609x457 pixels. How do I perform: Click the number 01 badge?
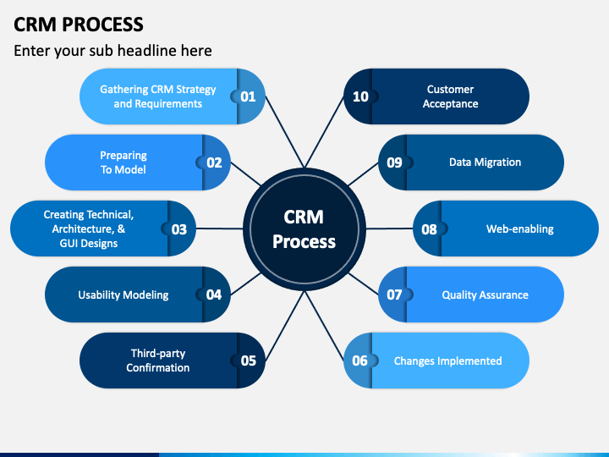point(248,96)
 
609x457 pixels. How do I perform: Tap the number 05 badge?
point(248,361)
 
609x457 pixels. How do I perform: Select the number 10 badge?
point(361,96)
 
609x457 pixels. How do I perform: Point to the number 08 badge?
point(430,229)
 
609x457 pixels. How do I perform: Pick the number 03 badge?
point(179,229)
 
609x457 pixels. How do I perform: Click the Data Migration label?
point(486,162)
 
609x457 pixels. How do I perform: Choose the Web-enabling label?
point(519,228)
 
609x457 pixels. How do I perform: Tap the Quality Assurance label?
point(486,295)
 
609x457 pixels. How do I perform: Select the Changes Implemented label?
point(447,361)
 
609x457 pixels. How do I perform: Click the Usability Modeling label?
point(123,295)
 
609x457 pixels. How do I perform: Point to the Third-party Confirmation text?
point(157,361)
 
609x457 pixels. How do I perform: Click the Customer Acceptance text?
point(451,96)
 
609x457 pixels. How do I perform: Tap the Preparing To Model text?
point(123,162)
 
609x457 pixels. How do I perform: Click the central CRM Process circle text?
point(304,229)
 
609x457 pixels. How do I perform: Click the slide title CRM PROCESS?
point(79,24)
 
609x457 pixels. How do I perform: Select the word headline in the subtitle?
point(147,51)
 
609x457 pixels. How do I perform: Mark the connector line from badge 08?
point(390,228)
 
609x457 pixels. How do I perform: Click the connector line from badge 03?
point(219,228)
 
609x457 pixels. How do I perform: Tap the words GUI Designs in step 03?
point(89,243)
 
